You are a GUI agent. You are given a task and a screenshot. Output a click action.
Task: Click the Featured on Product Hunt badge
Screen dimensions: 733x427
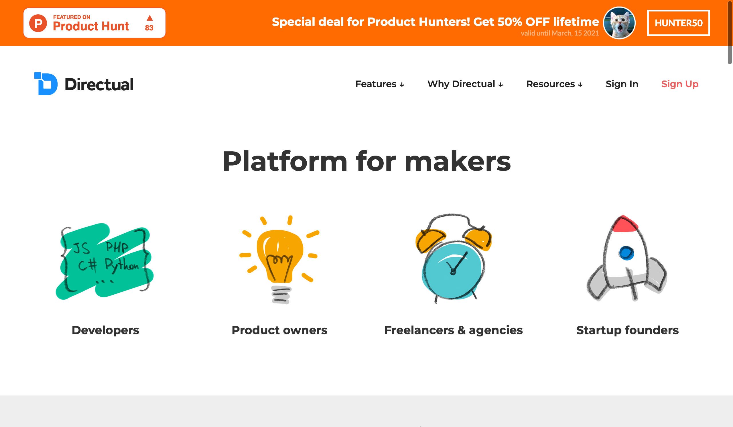(x=94, y=23)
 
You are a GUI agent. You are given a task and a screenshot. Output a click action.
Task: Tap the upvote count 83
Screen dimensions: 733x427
(x=149, y=28)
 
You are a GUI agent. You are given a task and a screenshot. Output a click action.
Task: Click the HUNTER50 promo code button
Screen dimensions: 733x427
(x=678, y=23)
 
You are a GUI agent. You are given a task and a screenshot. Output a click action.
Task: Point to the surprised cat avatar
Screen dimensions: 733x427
(x=619, y=23)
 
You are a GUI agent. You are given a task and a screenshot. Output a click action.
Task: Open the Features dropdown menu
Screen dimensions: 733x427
(x=380, y=84)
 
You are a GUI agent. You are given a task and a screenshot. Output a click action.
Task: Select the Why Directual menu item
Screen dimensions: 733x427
(x=465, y=84)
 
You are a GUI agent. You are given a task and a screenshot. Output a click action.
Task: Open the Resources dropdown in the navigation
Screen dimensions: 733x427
(x=554, y=84)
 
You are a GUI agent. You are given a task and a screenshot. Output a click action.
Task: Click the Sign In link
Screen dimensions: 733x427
(x=622, y=84)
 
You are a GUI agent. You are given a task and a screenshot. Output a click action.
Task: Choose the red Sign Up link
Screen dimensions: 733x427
(x=680, y=84)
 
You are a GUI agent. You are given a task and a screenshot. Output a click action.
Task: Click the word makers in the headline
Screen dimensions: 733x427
(x=458, y=162)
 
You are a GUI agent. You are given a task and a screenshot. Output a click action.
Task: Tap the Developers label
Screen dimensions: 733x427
(x=105, y=330)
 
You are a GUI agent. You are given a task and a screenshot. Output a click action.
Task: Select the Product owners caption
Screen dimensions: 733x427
(x=279, y=330)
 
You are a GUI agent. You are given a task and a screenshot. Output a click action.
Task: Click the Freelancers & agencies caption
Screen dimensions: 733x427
(x=454, y=330)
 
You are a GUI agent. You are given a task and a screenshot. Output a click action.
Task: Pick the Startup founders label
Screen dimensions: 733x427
(x=627, y=330)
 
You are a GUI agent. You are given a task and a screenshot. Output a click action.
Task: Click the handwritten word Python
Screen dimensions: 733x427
(x=122, y=265)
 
